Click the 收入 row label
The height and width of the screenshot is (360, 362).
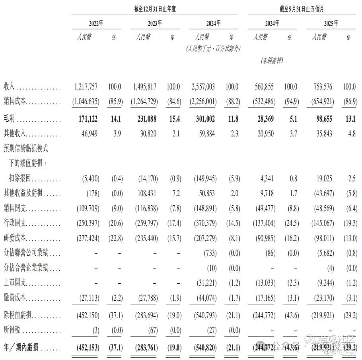(x=9, y=87)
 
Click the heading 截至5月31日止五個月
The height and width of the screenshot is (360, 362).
(x=302, y=9)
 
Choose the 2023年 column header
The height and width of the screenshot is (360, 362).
(x=155, y=23)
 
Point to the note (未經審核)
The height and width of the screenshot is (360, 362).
(x=272, y=60)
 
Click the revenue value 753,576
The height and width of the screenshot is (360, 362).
(x=321, y=87)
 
